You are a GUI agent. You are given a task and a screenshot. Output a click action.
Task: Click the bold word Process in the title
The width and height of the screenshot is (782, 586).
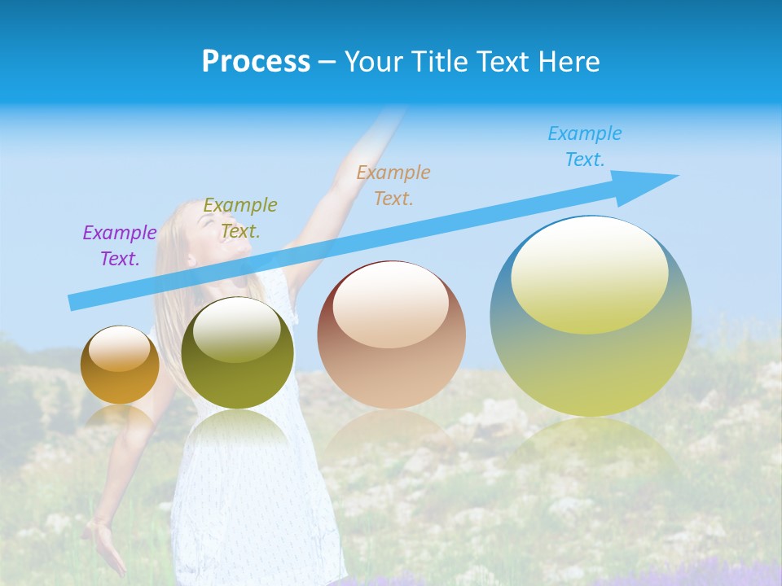256,62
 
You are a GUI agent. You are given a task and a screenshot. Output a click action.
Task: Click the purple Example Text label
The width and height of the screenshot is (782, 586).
119,246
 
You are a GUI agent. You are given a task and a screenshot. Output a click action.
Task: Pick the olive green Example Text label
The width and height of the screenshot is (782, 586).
240,218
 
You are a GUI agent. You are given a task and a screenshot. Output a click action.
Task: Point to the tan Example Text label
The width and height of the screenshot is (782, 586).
393,185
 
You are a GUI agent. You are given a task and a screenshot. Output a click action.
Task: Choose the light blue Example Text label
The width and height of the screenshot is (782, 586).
585,146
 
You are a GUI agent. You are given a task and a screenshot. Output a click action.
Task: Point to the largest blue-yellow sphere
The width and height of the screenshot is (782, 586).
591,358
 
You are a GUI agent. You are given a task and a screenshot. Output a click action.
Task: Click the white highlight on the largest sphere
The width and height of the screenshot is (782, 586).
589,275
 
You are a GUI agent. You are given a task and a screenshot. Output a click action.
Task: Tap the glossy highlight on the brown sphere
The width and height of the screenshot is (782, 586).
390,305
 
